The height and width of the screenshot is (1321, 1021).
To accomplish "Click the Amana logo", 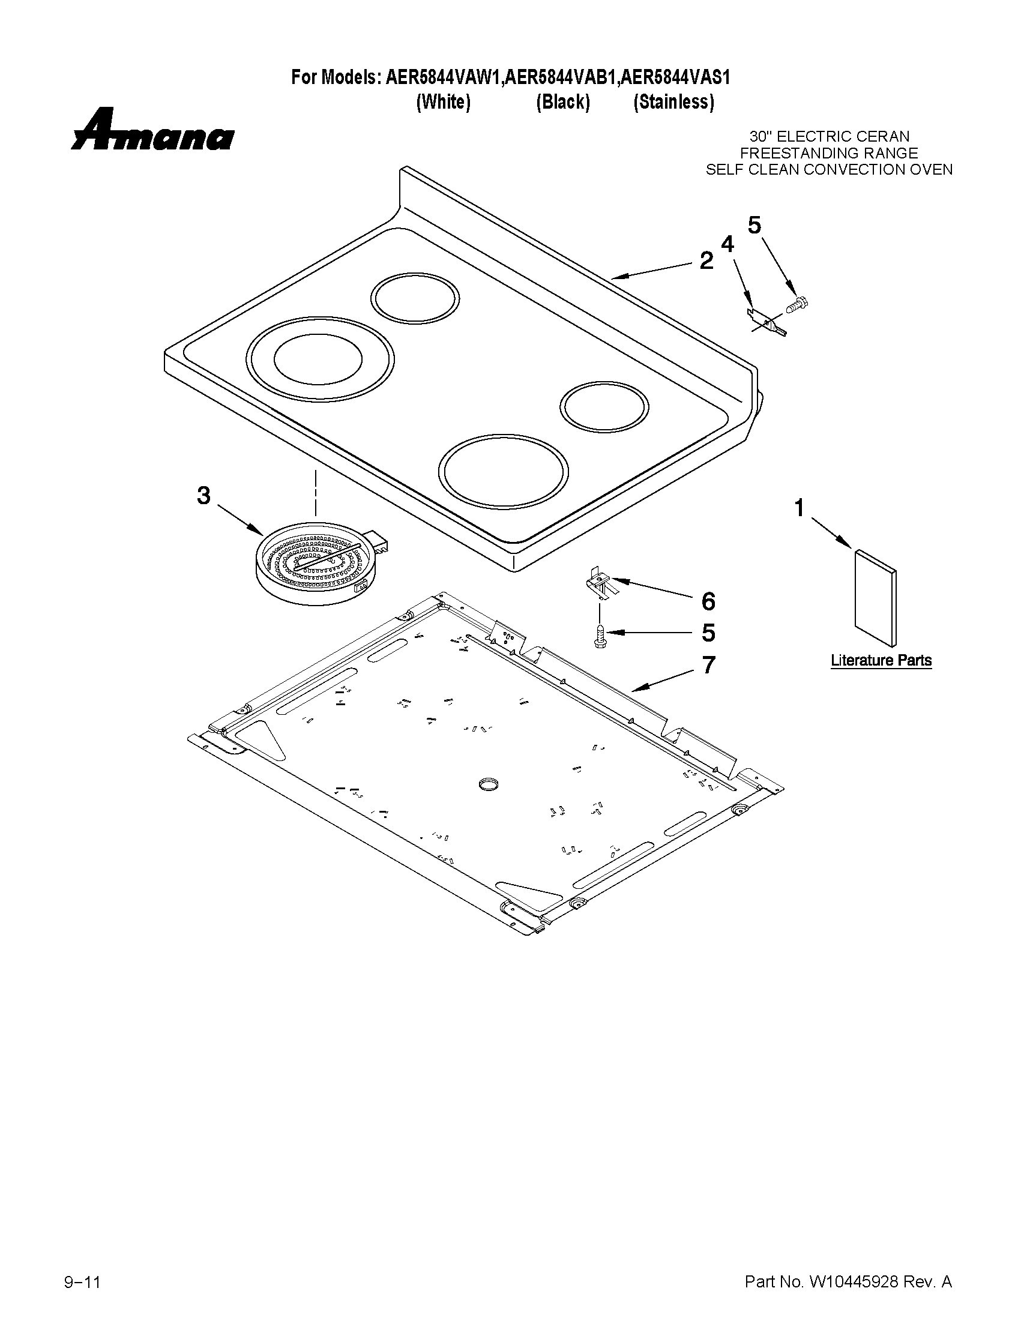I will coord(152,130).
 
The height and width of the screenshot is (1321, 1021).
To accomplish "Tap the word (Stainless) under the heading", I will coord(673,102).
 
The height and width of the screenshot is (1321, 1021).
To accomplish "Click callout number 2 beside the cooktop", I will coord(706,261).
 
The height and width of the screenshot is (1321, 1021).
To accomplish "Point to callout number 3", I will coord(204,496).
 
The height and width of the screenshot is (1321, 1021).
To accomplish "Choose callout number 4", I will coord(727,244).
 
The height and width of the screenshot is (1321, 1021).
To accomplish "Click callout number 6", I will coord(708,601).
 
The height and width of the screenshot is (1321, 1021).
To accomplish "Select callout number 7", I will coord(708,665).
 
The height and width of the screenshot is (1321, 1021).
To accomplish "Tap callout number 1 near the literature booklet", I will coord(800,508).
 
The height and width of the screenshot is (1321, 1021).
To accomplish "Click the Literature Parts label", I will coord(881,660).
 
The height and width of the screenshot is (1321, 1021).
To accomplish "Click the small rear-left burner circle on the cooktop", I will coord(414,298).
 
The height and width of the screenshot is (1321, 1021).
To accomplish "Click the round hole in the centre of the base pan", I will coord(487,784).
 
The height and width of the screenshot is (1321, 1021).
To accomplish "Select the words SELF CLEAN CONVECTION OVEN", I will coord(829,170).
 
